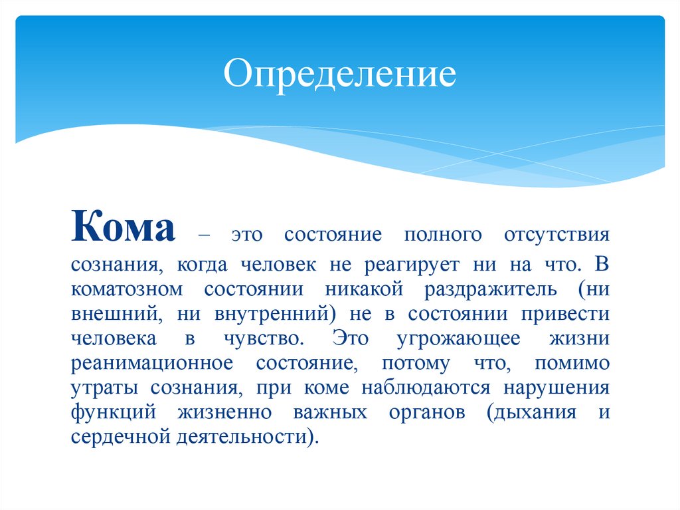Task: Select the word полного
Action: point(439,236)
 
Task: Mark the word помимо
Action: point(576,364)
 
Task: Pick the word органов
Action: point(419,413)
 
